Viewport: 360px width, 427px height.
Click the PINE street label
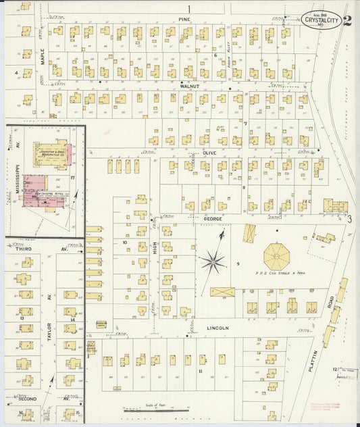[182, 20]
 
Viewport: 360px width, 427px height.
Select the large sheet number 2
[346, 21]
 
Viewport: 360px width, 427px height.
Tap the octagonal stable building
[276, 256]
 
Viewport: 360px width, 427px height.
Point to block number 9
[238, 263]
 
